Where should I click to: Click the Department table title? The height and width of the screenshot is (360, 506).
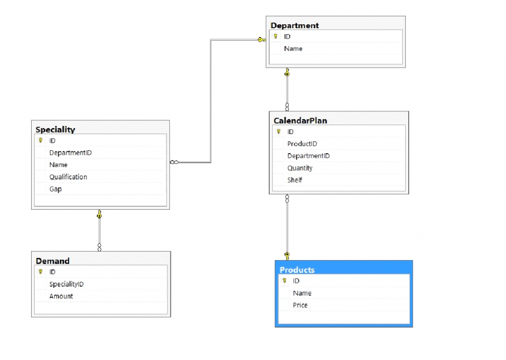tap(295, 25)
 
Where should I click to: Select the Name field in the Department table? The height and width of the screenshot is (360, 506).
tap(293, 48)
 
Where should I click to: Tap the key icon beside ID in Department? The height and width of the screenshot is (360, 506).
tap(276, 37)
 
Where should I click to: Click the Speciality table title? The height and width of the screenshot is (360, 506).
tap(55, 130)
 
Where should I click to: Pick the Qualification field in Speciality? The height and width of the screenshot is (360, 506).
tap(68, 177)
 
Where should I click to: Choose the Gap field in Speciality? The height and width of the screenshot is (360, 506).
tap(55, 189)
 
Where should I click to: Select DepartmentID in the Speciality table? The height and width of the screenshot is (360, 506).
tap(70, 153)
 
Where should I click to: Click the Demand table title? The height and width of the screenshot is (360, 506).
tap(52, 261)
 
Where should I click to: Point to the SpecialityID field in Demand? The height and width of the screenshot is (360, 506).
tap(66, 284)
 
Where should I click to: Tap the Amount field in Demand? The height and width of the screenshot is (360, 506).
tap(61, 296)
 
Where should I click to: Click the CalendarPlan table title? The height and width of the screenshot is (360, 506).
tap(300, 120)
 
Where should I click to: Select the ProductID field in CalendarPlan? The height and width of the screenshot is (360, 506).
tap(302, 144)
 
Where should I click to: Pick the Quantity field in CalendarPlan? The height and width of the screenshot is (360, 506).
tap(300, 168)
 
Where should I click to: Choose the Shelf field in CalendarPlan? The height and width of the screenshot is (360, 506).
tap(295, 180)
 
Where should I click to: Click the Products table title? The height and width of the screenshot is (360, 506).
tap(297, 270)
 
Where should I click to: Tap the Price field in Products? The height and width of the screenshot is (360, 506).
tap(300, 305)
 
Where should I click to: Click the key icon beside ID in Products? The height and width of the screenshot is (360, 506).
tap(284, 281)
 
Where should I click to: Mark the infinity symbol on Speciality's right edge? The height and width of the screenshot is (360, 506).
tap(174, 162)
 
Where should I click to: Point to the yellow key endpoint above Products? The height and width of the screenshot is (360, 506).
tap(287, 256)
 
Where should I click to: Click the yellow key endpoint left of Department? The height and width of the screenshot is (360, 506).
tap(261, 40)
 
